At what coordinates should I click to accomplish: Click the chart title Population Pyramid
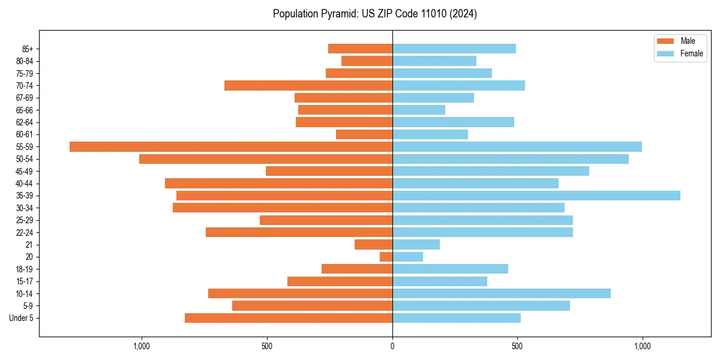pos(374,14)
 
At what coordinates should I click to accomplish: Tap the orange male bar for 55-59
pos(231,146)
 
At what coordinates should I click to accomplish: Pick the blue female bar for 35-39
pos(536,196)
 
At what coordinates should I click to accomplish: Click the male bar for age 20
pos(386,257)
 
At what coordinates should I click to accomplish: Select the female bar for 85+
pos(454,49)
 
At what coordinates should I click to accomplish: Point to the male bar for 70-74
pos(308,85)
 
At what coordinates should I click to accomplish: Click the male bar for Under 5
pos(289,318)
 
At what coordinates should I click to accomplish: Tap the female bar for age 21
pos(416,245)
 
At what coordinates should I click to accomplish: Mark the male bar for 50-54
pos(266,159)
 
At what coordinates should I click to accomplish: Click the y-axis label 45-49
pos(25,172)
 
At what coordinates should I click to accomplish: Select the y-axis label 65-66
pos(25,110)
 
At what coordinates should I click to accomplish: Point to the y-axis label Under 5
pos(22,318)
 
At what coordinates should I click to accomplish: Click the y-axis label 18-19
pos(25,269)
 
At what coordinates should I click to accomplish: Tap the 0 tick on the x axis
pos(392,346)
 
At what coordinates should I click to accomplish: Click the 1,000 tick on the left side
pos(142,346)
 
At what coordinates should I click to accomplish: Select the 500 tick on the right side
pos(517,346)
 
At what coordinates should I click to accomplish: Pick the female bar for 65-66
pos(419,110)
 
